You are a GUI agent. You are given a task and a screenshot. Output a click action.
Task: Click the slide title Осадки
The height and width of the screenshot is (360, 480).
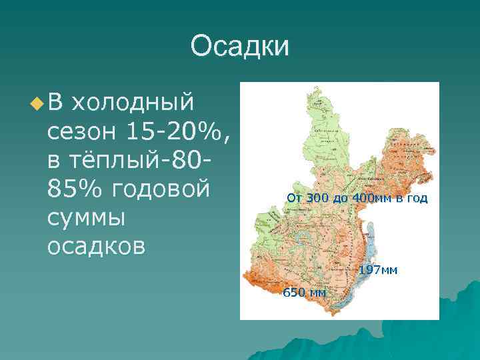click(239, 47)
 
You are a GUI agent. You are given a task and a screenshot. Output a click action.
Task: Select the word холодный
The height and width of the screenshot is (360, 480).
click(133, 103)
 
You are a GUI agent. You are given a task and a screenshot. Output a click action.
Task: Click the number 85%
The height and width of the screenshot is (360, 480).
click(74, 189)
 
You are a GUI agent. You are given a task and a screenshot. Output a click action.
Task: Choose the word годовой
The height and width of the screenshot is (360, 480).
click(159, 189)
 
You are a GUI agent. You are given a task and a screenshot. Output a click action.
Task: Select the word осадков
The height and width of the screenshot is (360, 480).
click(96, 247)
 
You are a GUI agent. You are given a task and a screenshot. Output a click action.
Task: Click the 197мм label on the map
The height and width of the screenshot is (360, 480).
click(378, 270)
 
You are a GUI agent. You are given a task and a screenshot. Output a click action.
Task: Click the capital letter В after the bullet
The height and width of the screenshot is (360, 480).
click(55, 103)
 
